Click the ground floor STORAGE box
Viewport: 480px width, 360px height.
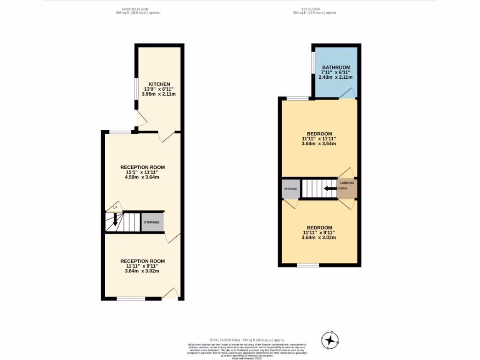152,222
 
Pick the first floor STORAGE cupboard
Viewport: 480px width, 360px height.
290,189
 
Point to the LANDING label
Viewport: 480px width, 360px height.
347,183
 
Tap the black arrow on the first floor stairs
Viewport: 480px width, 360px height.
331,188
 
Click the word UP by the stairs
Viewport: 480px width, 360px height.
115,207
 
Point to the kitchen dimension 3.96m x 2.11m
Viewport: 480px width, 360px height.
159,94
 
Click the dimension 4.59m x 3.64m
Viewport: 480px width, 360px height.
142,177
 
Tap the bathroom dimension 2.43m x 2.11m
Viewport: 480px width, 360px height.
335,77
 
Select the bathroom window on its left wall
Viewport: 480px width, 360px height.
313,61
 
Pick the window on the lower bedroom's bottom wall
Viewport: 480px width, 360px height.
307,265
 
